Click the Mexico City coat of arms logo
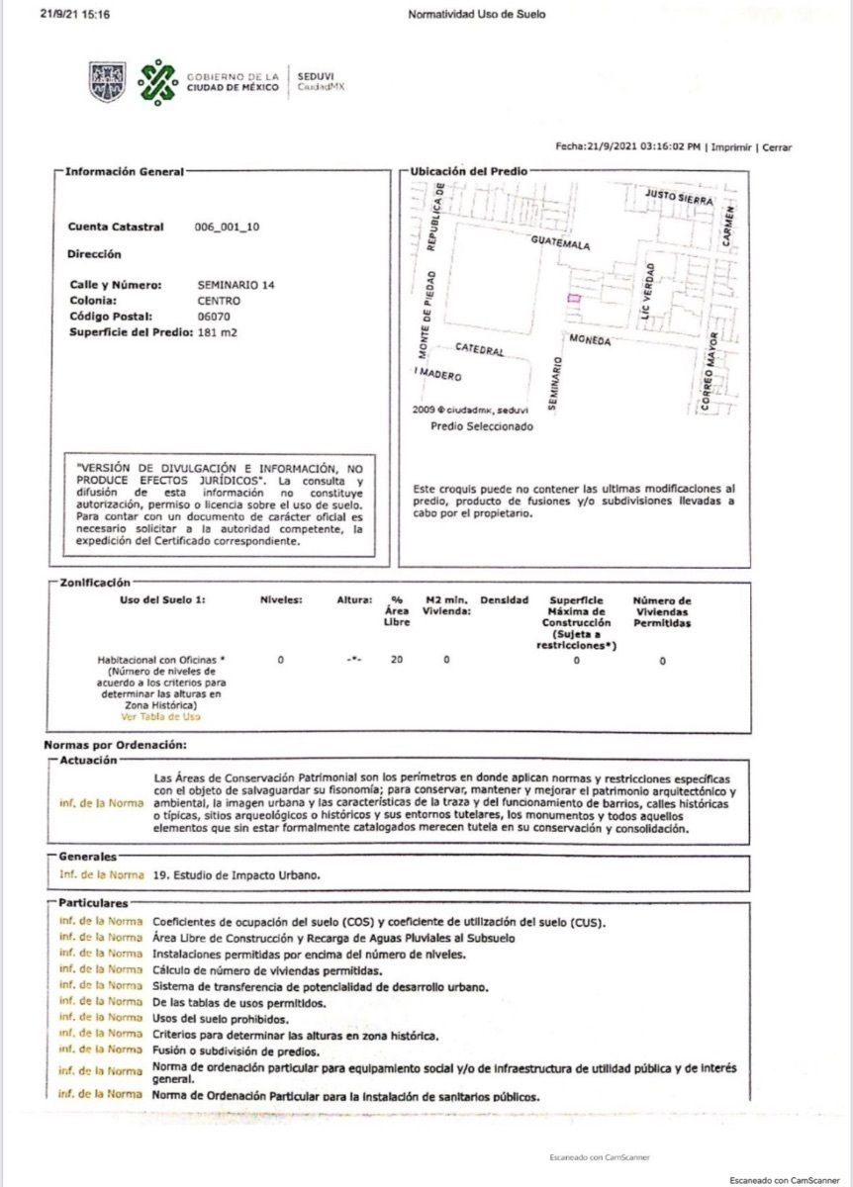tap(108, 81)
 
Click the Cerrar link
tap(777, 147)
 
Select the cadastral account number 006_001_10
tap(228, 227)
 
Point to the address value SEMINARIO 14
tap(237, 285)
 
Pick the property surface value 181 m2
tap(218, 332)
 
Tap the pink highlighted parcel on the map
tap(573, 298)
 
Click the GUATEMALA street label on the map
tap(560, 243)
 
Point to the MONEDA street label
tap(590, 340)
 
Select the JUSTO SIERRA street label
tap(679, 197)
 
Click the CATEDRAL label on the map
tap(480, 350)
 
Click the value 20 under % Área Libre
tap(396, 659)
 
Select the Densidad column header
tap(505, 600)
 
